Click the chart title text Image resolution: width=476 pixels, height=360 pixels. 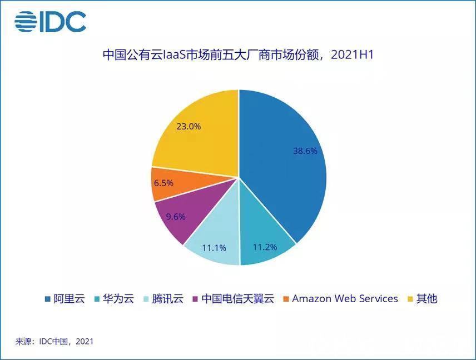[x=237, y=55]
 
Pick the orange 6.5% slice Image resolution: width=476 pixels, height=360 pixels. [x=167, y=183]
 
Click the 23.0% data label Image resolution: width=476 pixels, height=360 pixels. [x=188, y=126]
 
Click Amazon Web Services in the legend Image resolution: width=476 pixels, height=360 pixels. [x=344, y=298]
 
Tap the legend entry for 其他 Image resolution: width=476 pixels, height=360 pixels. [x=426, y=298]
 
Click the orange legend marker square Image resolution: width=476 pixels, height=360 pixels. [x=286, y=299]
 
